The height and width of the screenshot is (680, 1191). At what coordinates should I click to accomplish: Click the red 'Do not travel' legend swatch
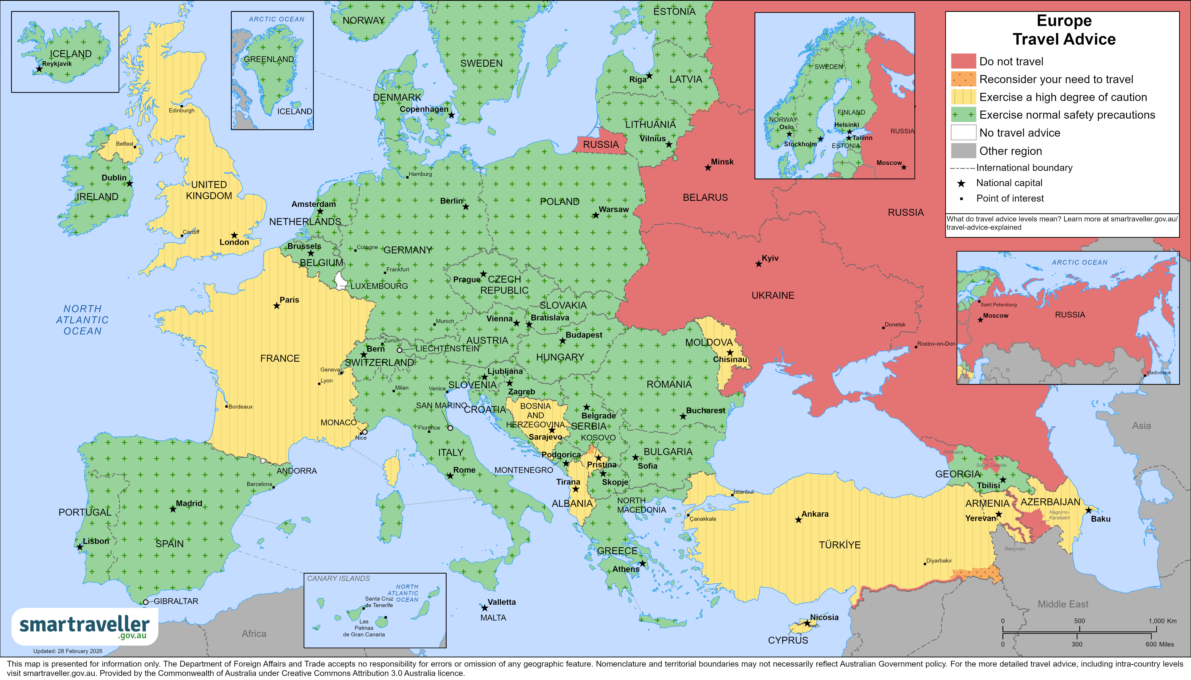(963, 61)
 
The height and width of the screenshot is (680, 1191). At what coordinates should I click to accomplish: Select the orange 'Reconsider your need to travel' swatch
(963, 79)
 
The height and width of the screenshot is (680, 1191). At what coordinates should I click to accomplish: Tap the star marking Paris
(277, 306)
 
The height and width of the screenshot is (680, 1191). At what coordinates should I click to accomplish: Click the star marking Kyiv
(759, 264)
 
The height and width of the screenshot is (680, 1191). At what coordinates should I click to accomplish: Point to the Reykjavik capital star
(39, 69)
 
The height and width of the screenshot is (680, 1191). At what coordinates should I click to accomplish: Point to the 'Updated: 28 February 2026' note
(68, 651)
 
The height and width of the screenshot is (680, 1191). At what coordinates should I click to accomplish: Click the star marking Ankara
(798, 520)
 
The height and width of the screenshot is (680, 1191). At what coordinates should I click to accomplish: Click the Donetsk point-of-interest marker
(883, 328)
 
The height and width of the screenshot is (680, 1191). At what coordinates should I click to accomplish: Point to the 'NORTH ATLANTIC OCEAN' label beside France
(83, 320)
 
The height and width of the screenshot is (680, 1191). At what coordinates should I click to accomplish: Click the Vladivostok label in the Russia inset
(1158, 373)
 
